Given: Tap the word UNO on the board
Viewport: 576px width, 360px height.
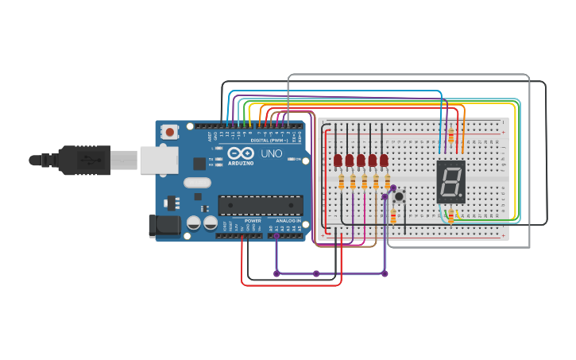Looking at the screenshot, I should click(x=272, y=153).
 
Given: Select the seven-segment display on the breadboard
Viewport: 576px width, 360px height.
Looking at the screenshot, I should click(x=450, y=181).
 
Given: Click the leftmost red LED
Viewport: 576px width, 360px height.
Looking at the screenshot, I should click(x=338, y=161).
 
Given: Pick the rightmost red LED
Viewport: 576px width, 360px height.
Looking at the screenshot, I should click(x=384, y=161).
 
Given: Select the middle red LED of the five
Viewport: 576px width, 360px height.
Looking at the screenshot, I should click(x=361, y=161).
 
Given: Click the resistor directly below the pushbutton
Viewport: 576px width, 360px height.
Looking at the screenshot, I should click(x=394, y=215).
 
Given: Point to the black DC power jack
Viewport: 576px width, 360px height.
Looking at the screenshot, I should click(x=164, y=226).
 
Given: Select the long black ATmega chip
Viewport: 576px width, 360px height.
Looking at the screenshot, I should click(x=260, y=204).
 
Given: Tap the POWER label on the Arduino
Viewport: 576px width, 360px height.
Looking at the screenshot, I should click(x=253, y=220).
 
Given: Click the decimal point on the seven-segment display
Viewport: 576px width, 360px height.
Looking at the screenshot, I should click(x=462, y=196).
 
